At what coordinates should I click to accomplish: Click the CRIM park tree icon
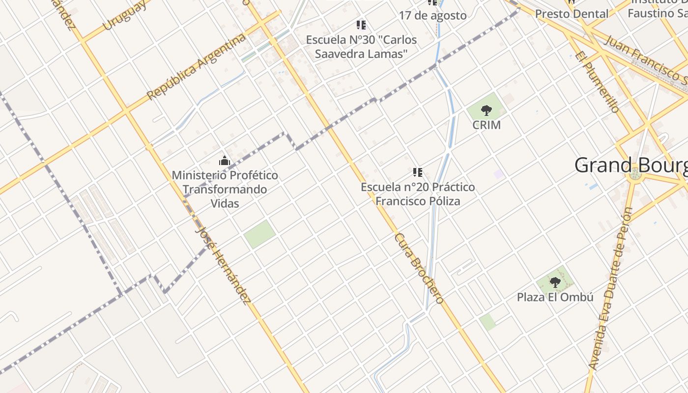[486, 110]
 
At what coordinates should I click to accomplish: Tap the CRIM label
[487, 125]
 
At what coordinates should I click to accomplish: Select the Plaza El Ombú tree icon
[555, 282]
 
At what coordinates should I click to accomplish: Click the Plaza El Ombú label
[555, 297]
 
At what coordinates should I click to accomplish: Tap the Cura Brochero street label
[419, 268]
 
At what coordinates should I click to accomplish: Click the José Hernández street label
[223, 265]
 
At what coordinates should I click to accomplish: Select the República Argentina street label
[196, 67]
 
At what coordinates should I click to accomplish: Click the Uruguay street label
[125, 16]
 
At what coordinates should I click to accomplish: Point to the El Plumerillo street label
[596, 82]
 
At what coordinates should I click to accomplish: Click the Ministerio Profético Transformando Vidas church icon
[225, 161]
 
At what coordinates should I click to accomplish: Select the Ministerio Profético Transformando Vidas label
[225, 189]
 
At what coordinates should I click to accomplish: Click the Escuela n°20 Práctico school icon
[418, 172]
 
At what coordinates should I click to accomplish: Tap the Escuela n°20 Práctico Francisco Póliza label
[418, 194]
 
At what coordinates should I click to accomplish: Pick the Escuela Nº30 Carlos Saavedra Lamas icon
[361, 25]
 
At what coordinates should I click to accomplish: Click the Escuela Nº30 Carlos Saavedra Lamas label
[361, 47]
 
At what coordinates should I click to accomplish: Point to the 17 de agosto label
[432, 15]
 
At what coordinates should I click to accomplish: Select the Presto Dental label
[572, 14]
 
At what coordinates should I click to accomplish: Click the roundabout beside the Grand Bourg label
[635, 173]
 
